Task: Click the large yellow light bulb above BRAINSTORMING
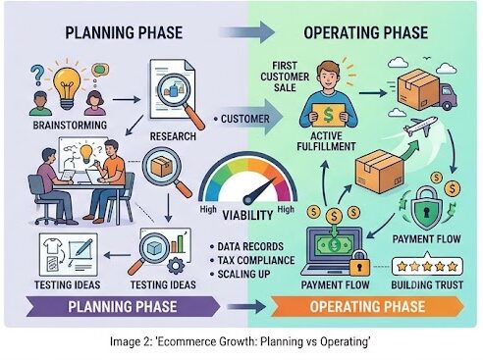(x=67, y=87)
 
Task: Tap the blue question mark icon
(x=37, y=75)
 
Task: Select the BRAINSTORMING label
(x=70, y=125)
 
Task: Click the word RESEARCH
(x=173, y=136)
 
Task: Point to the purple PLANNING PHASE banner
(x=123, y=307)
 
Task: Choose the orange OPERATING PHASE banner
(x=367, y=307)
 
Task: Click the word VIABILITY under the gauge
(x=247, y=215)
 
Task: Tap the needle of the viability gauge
(x=259, y=191)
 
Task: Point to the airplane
(x=420, y=126)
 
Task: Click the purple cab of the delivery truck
(x=448, y=95)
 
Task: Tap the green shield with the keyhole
(x=426, y=208)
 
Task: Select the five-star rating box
(x=427, y=266)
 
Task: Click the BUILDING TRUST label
(x=427, y=284)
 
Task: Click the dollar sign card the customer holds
(x=328, y=115)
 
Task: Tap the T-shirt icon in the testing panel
(x=53, y=245)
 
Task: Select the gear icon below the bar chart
(x=176, y=266)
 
